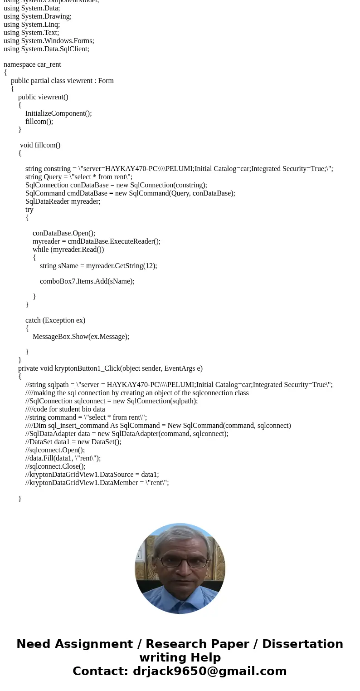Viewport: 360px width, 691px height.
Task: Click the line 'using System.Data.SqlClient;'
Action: tap(46, 49)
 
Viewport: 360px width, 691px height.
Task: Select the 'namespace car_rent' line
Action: tap(32, 64)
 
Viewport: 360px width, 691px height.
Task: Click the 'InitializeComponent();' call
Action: tap(58, 113)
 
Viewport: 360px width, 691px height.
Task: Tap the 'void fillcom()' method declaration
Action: tap(40, 145)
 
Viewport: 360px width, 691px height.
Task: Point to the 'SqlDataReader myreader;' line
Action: tap(63, 201)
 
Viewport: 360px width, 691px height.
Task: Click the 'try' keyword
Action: tap(29, 210)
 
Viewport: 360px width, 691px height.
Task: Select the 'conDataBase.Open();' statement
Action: tap(63, 233)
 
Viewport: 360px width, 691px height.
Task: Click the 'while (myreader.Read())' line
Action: tap(68, 250)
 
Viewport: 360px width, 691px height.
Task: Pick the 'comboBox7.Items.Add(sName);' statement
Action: tap(87, 281)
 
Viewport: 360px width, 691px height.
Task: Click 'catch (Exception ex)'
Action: tap(55, 320)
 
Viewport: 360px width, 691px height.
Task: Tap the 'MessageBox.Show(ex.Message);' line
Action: tap(81, 337)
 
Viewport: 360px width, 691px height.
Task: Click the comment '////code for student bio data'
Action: tap(65, 409)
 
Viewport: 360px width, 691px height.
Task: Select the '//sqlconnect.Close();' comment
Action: tap(55, 466)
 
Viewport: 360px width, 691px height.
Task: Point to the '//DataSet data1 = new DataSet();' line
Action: tap(73, 442)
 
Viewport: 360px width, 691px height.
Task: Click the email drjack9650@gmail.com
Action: tap(209, 671)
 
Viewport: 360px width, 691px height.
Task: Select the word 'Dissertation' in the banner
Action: tap(302, 644)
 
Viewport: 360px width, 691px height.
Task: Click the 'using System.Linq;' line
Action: tap(32, 24)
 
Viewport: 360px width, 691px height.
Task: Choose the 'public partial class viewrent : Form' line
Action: tap(62, 81)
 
